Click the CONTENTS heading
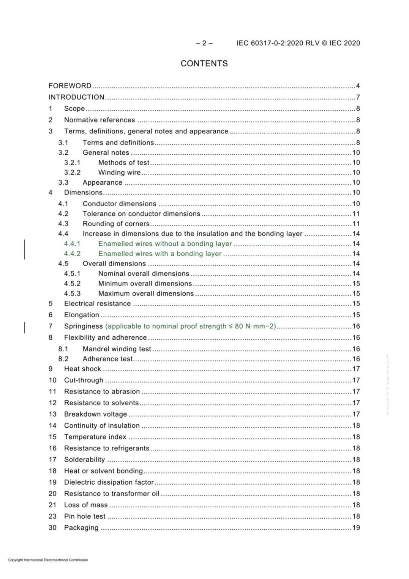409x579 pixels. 204,63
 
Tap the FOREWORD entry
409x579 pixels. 70,86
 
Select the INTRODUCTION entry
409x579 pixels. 76,97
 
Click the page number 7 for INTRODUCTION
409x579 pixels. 358,97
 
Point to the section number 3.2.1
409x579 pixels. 72,163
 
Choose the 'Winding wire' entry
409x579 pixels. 119,173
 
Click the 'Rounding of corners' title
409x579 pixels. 116,224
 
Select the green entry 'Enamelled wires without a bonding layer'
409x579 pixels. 165,244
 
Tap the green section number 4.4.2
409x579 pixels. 72,254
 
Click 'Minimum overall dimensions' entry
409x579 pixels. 145,284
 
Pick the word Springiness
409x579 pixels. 83,326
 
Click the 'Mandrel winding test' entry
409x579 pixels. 117,349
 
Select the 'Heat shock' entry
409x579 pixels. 82,369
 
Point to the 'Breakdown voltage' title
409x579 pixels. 95,414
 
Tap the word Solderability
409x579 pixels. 84,460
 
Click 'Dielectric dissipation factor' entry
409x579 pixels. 109,482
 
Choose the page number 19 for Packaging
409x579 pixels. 356,527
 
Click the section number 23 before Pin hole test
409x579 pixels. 52,516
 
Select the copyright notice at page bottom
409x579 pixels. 48,560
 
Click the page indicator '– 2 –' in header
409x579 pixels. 204,43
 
